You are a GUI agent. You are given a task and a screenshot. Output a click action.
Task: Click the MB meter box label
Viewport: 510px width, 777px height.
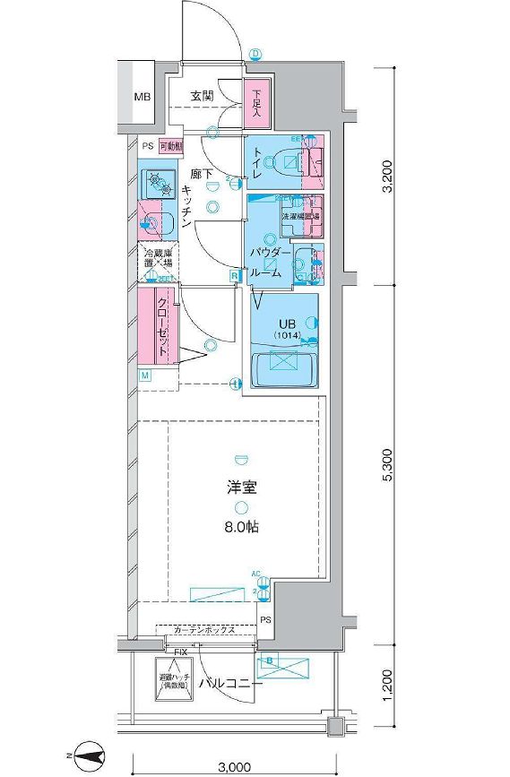[143, 96]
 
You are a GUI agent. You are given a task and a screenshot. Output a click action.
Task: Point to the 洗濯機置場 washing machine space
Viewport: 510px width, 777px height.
[300, 216]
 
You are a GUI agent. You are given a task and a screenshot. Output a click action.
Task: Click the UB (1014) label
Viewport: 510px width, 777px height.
[288, 329]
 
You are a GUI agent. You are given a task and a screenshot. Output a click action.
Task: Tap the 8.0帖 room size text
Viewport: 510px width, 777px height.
[241, 527]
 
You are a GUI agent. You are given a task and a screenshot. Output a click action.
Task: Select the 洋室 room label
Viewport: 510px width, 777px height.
[241, 488]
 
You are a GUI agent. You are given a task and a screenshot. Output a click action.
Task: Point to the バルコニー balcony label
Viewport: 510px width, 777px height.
[231, 684]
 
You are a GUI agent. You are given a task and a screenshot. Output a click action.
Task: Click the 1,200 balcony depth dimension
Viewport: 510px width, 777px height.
[386, 685]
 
